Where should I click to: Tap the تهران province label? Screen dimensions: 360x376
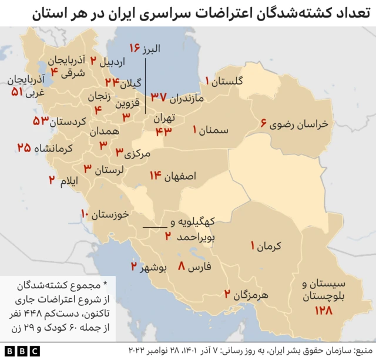164,118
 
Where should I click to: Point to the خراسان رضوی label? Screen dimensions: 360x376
300,125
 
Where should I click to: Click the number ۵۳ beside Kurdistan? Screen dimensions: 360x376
41,122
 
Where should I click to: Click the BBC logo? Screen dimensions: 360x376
21,351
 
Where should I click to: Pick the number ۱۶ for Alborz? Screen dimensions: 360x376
137,48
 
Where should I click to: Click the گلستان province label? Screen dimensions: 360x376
230,82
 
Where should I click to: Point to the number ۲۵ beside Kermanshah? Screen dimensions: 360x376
24,148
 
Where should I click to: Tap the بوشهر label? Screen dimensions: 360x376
155,268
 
